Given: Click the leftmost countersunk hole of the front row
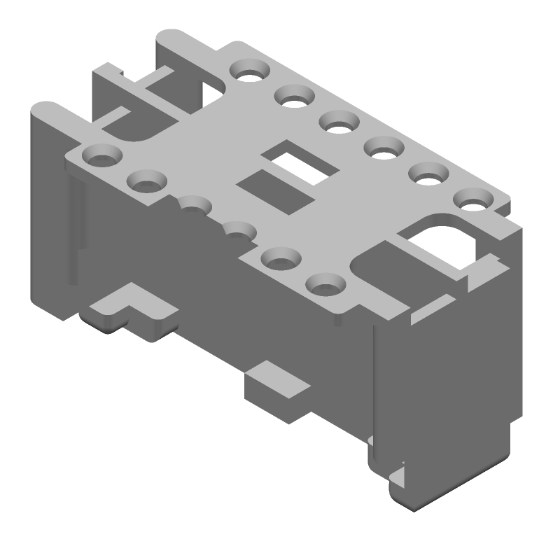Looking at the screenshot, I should pyautogui.click(x=101, y=154).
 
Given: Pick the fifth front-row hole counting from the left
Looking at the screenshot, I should pyautogui.click(x=281, y=258).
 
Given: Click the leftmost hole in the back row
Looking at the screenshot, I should pyautogui.click(x=249, y=69).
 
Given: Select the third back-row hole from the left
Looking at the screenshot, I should pyautogui.click(x=339, y=122).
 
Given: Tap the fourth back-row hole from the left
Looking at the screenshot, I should pyautogui.click(x=384, y=148).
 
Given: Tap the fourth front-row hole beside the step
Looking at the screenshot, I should pyautogui.click(x=238, y=230).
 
